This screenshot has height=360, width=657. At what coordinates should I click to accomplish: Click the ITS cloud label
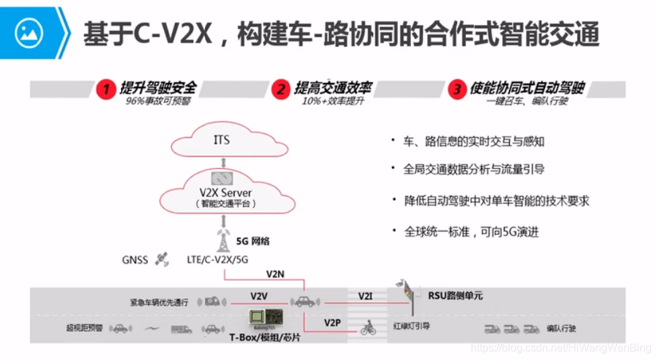(221, 141)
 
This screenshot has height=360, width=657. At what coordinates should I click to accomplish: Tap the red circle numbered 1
(104, 89)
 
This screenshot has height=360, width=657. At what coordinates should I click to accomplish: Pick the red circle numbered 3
(457, 89)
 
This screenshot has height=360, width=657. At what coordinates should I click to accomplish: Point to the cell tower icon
(223, 240)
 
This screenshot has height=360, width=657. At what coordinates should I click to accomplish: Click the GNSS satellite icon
(161, 258)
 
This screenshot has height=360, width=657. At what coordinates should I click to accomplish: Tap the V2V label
(260, 296)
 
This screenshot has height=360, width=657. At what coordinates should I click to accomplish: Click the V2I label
(365, 296)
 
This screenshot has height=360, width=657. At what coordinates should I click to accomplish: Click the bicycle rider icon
(368, 328)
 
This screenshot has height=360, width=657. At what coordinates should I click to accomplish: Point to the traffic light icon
(405, 291)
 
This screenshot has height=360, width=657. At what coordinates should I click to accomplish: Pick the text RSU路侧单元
(455, 295)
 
